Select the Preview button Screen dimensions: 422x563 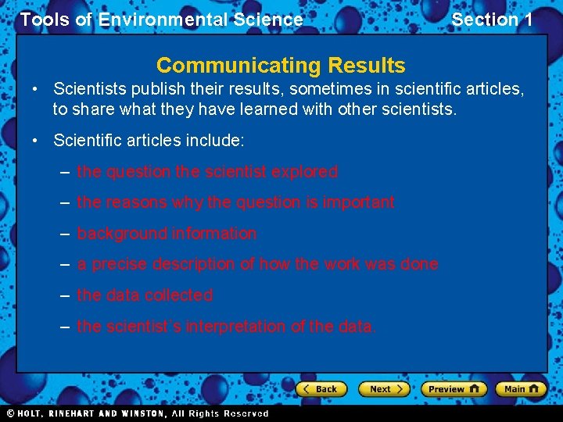tap(454, 388)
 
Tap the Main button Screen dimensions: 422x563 tap(521, 388)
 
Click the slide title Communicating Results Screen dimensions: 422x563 tap(281, 65)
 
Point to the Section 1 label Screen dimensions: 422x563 tap(493, 20)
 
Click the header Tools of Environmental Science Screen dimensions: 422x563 tap(161, 20)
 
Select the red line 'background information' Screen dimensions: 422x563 tap(167, 233)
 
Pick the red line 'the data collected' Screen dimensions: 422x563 tap(145, 295)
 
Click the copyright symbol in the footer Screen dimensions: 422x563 tap(10, 413)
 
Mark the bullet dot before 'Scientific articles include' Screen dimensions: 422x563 tap(36, 141)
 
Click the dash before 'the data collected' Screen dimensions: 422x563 tap(65, 295)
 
